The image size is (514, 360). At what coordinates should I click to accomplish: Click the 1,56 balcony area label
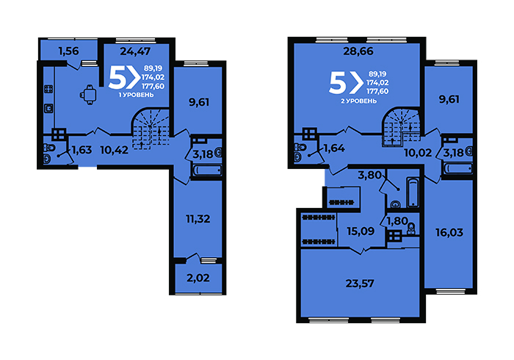click(68, 51)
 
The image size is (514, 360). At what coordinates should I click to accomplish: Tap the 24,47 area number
click(135, 51)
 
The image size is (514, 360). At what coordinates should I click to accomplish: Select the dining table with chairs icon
click(89, 95)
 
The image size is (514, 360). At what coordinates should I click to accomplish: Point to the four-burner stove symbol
click(48, 89)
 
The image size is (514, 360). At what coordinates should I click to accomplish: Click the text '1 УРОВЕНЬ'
click(136, 95)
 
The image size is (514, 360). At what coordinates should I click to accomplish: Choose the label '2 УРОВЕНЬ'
click(358, 101)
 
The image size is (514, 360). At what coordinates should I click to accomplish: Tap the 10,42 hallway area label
click(114, 150)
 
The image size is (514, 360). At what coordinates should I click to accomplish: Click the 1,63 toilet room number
click(82, 150)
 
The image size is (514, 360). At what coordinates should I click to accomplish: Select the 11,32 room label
click(198, 219)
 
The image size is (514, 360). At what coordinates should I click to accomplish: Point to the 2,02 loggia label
click(198, 278)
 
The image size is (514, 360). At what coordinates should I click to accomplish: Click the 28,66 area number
click(358, 51)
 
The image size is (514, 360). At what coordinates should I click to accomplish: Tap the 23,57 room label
click(360, 284)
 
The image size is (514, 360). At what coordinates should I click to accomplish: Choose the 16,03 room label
click(449, 232)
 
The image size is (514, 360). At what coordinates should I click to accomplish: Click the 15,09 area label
click(361, 231)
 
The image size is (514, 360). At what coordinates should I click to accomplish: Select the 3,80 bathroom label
click(370, 175)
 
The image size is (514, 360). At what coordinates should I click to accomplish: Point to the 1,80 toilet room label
click(397, 221)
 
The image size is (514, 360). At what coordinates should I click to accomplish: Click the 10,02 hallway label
click(418, 153)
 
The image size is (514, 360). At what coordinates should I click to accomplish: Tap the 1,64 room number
click(334, 148)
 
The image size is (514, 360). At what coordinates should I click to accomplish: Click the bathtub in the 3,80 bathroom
click(413, 192)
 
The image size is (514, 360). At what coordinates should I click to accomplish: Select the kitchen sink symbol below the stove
click(48, 108)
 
